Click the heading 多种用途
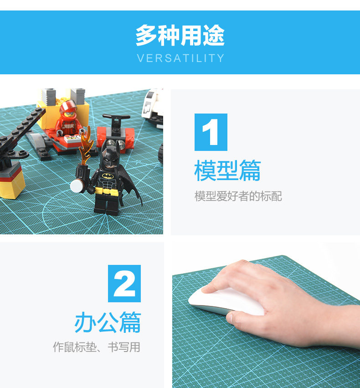point(180,36)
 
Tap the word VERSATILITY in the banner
point(180,58)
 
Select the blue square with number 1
point(211,132)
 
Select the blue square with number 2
point(124,283)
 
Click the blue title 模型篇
point(227,171)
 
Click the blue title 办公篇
point(108,322)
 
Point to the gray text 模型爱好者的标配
point(238,197)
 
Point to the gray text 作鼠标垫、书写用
point(96,347)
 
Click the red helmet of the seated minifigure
point(67,109)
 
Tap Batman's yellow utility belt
point(108,190)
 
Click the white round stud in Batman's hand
point(76,186)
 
